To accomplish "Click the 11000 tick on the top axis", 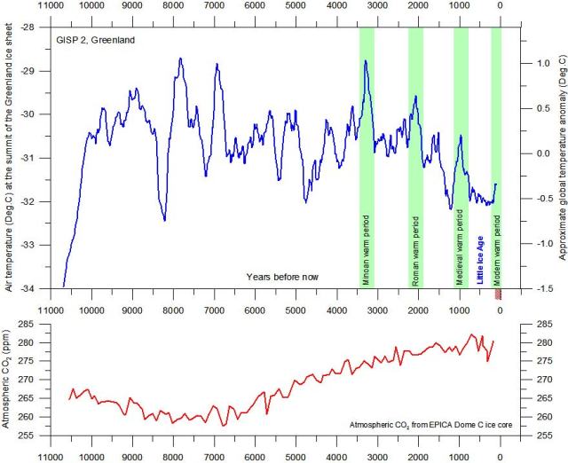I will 51,7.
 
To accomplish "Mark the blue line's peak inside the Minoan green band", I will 366,61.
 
